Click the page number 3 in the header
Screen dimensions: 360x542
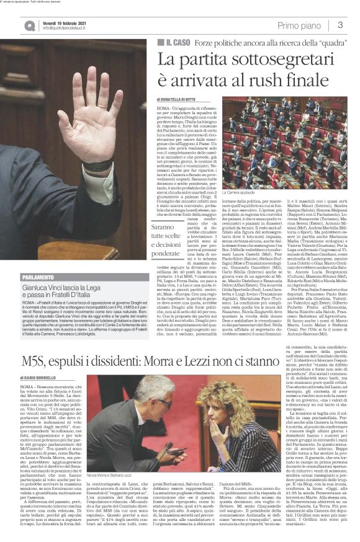(341, 24)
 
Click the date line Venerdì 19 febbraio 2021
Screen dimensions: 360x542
(64, 20)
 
